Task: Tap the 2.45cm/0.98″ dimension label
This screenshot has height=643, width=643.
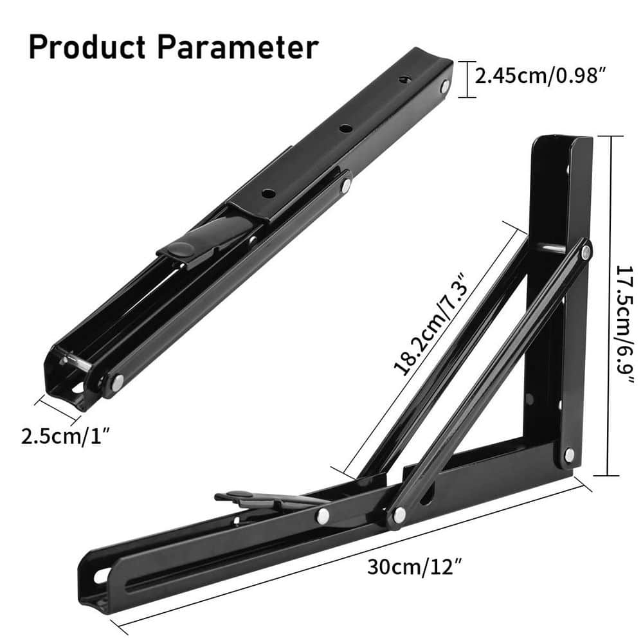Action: pos(541,77)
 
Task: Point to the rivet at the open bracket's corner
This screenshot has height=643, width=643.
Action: pos(569,454)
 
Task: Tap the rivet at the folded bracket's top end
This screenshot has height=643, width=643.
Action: pos(444,86)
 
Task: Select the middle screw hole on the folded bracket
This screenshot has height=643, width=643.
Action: pos(345,129)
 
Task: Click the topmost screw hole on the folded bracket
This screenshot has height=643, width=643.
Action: pos(404,79)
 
